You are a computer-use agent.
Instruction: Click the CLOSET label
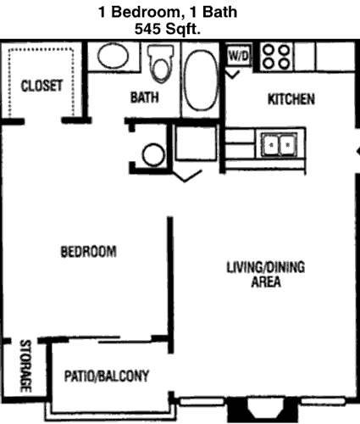[42, 86]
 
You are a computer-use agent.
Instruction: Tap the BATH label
[144, 97]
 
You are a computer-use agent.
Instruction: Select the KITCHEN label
[291, 99]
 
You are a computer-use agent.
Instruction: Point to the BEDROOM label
[88, 252]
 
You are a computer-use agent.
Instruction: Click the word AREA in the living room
[266, 282]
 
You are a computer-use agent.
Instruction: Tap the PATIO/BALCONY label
[107, 376]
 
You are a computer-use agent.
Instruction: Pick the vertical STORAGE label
[25, 366]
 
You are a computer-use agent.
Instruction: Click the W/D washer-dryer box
[239, 56]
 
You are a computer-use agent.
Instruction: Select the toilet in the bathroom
[160, 64]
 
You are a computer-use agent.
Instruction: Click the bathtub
[201, 80]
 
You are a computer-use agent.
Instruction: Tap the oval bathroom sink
[113, 56]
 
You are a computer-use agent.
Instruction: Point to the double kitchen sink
[280, 145]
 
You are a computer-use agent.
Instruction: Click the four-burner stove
[276, 58]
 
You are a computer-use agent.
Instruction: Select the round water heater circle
[153, 154]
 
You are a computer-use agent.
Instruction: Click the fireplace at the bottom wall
[263, 410]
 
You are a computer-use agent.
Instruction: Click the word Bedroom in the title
[146, 12]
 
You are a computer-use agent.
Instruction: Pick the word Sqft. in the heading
[183, 29]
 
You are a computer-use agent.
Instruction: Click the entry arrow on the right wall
[357, 152]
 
